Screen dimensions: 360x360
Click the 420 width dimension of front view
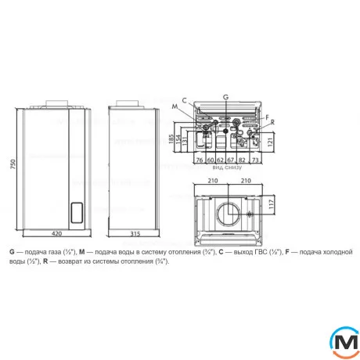[x=56, y=233]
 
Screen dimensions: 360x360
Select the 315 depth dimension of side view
[x=134, y=233]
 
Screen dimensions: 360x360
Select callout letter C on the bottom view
[x=183, y=100]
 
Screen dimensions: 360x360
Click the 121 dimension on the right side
[x=271, y=141]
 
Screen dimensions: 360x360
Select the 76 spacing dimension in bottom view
[x=200, y=160]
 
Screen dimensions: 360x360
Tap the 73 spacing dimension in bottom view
[x=255, y=160]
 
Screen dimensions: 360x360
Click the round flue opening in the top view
[x=227, y=214]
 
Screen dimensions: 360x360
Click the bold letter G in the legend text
[x=13, y=252]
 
